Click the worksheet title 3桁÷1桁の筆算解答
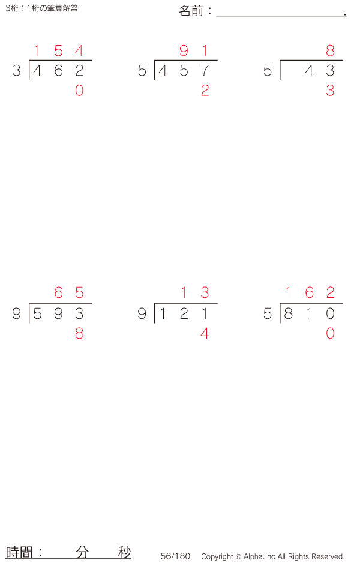[41, 8]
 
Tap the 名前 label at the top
[191, 11]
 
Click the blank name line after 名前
[281, 16]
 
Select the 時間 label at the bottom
[19, 552]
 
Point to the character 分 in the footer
[82, 552]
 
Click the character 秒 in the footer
[125, 552]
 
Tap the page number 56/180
[175, 556]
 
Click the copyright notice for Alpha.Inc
[273, 556]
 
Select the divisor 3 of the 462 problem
[17, 70]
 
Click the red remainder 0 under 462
[79, 91]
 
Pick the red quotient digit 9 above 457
[184, 50]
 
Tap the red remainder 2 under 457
[205, 91]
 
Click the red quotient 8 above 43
[330, 50]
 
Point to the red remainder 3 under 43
[330, 91]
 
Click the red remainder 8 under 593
[79, 333]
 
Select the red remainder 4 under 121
[205, 333]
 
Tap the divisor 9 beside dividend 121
[142, 313]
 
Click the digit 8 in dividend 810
[288, 313]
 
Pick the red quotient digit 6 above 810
[310, 292]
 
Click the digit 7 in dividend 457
[205, 70]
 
